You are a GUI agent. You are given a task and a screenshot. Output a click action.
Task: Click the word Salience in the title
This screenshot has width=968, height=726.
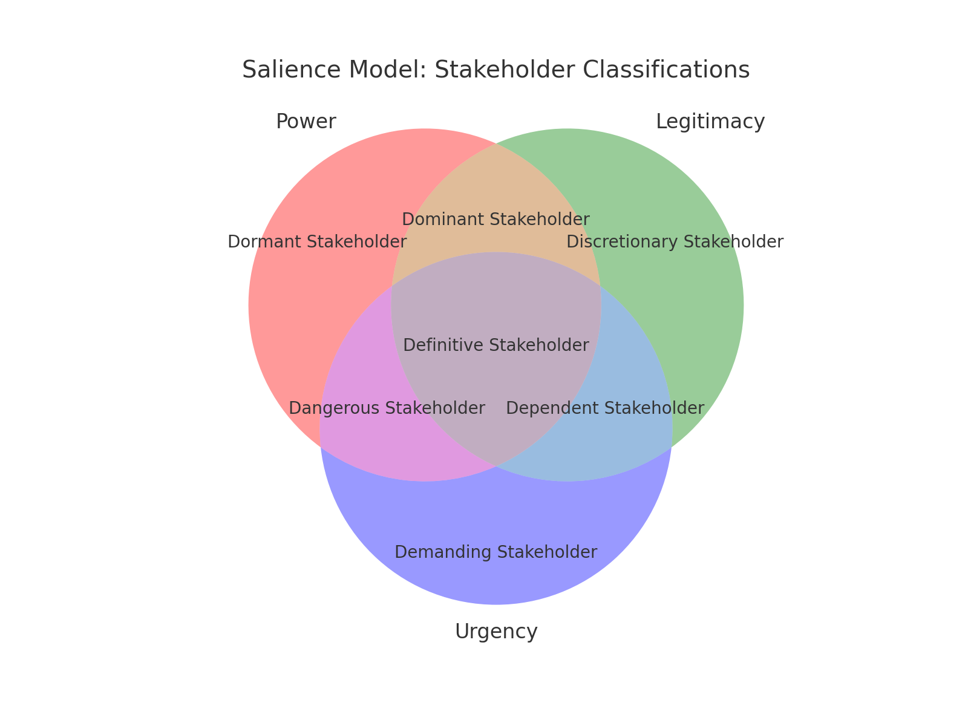click(292, 70)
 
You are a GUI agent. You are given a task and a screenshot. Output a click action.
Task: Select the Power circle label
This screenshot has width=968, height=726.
click(306, 122)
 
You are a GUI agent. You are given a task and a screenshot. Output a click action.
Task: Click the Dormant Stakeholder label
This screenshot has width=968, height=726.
click(317, 242)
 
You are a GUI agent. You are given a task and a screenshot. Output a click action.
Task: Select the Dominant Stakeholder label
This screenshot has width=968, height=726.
click(495, 220)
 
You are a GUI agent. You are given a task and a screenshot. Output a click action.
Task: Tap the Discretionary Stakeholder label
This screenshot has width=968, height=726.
click(675, 242)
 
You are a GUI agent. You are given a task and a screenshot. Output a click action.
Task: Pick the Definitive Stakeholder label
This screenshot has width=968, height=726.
click(496, 345)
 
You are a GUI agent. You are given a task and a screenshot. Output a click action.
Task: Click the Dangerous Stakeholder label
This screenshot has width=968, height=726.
click(387, 408)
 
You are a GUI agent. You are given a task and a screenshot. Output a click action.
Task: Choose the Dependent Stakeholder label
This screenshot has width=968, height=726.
click(604, 408)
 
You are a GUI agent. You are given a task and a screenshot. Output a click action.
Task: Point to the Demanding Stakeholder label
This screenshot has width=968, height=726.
click(495, 552)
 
